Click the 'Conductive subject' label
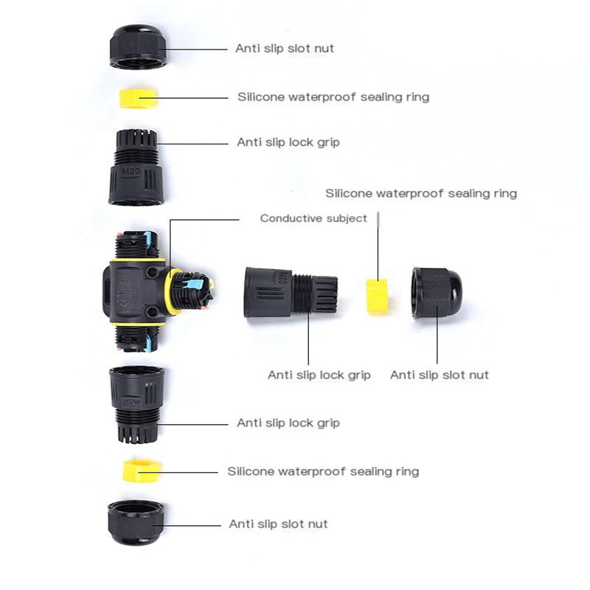coord(313,218)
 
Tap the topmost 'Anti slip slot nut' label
coord(285,49)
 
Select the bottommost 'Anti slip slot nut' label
coord(278,524)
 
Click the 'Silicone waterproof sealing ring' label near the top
coord(333,97)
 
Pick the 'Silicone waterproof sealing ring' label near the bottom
coord(323,471)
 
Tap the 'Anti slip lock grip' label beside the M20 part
coord(288,142)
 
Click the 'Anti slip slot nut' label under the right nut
coord(440,375)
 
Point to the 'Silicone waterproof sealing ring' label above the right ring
coord(421,193)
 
